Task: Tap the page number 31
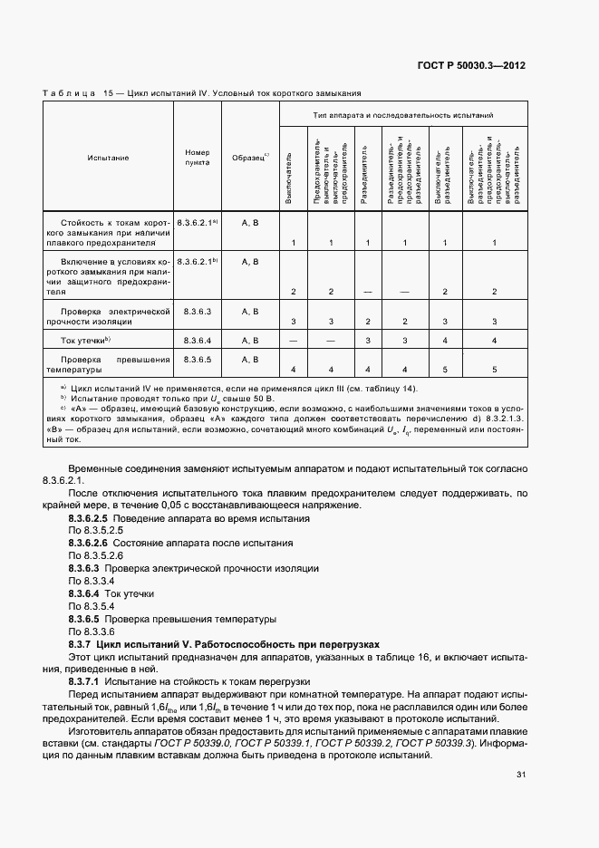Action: (x=521, y=775)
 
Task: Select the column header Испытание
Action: (x=108, y=158)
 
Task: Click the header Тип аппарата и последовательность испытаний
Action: (x=403, y=116)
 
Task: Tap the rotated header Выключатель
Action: (x=289, y=172)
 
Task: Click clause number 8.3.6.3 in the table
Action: (x=197, y=311)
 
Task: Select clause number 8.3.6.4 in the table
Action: (x=197, y=340)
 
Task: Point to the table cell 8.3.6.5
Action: (x=197, y=360)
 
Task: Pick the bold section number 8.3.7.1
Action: (x=85, y=679)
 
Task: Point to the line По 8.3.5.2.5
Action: (x=95, y=531)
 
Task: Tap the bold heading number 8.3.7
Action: (x=82, y=642)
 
